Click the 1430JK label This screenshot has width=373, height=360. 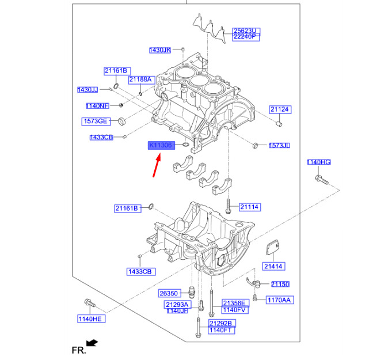point(160,51)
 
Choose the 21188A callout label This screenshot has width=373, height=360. point(140,79)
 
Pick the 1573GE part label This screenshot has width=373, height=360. point(94,121)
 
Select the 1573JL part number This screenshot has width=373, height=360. point(279,146)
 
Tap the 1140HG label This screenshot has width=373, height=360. point(318,162)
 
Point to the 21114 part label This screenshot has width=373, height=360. point(250,207)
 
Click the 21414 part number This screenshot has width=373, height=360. point(273,266)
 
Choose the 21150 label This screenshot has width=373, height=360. point(280,285)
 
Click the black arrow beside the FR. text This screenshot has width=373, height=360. point(92,343)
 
